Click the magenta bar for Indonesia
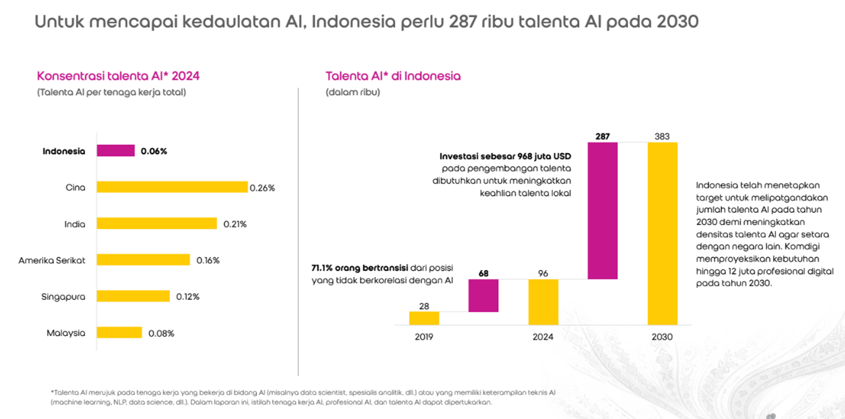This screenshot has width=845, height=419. pos(116,151)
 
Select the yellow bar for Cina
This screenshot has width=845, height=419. pos(172,187)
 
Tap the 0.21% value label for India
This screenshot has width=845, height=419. pos(235,224)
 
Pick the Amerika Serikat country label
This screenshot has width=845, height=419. pos(52,261)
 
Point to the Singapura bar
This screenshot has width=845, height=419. pos(133,296)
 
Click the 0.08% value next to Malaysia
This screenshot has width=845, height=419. pos(161,333)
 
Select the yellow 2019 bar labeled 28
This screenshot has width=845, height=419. pos(424,318)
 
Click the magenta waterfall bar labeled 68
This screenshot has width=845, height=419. pos(483,296)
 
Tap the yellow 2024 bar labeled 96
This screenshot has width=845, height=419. pos(543,302)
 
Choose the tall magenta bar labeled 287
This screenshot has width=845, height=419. pos(602,210)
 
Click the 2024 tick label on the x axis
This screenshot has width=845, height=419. pos(543,337)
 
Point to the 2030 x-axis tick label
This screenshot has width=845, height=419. pos(662,337)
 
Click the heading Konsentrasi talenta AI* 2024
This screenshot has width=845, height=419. pos(118,76)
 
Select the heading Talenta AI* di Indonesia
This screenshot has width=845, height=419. pos(393,76)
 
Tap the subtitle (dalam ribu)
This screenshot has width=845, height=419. pos(353,92)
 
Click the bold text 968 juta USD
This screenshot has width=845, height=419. pos(544,156)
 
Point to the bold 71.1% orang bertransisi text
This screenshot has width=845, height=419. pos(359,268)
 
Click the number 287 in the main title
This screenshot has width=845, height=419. pos(462,22)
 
